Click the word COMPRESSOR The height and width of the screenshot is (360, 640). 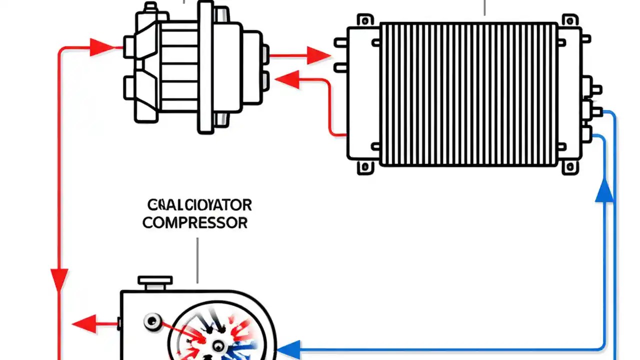point(195,222)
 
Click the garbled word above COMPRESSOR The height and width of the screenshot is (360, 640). point(199,205)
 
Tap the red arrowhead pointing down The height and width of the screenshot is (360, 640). point(59,279)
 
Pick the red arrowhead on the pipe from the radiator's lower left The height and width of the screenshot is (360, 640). point(287,79)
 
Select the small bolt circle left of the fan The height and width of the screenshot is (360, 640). point(150,320)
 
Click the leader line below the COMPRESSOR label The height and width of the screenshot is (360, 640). point(197,260)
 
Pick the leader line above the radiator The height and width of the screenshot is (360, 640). point(484,7)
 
